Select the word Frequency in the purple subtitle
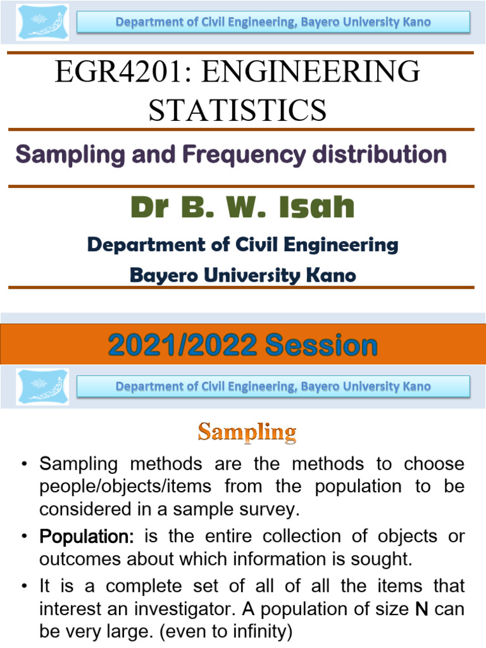(252, 154)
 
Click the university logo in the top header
(41, 23)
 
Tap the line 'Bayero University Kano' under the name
(242, 275)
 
